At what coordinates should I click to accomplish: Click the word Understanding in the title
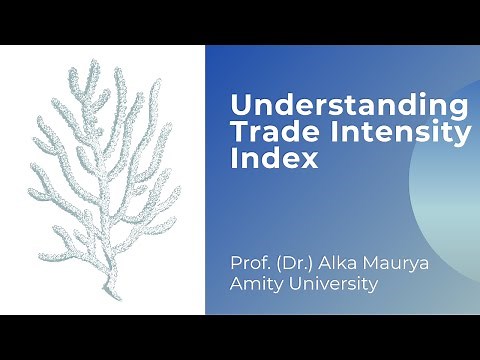coord(347,106)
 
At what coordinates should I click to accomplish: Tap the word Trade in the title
coord(264,131)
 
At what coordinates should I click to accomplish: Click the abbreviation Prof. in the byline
coord(248,264)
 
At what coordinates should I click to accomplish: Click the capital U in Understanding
coord(239,106)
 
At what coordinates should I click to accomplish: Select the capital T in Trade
coord(238,131)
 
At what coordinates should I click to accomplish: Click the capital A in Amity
coord(237,285)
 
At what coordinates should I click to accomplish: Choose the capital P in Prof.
coord(235,264)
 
